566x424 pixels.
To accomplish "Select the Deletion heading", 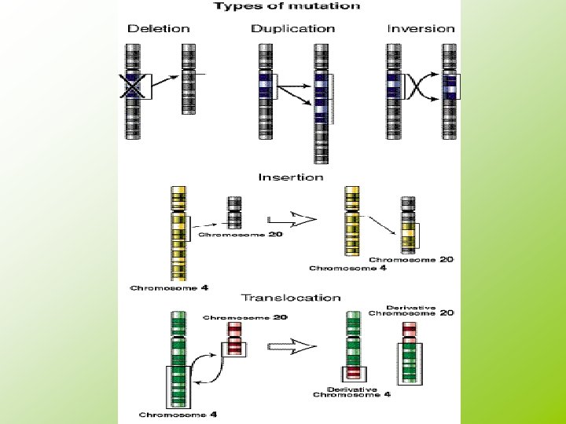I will click(159, 29).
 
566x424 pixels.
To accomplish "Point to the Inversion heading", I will click(421, 29).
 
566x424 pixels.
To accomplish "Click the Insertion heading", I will click(290, 177).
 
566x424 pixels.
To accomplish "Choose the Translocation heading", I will click(290, 298).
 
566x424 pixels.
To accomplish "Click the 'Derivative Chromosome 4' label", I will click(352, 392).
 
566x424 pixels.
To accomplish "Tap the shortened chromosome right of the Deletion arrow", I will click(188, 90).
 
